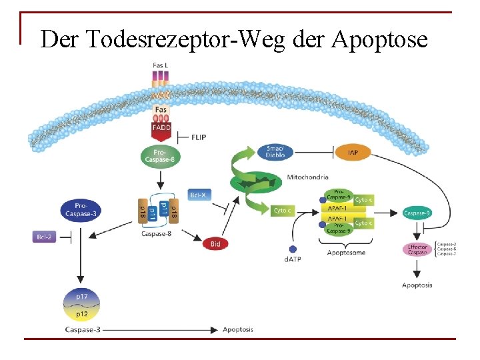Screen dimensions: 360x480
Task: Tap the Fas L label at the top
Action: [161, 65]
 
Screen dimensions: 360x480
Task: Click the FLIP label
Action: [199, 137]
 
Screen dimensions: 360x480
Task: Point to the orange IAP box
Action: [353, 153]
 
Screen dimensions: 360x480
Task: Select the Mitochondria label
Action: [307, 177]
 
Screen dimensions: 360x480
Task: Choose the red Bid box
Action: [215, 244]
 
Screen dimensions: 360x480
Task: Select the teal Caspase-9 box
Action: [417, 213]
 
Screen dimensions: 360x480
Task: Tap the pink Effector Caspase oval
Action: [417, 249]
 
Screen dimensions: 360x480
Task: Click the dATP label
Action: [293, 259]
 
